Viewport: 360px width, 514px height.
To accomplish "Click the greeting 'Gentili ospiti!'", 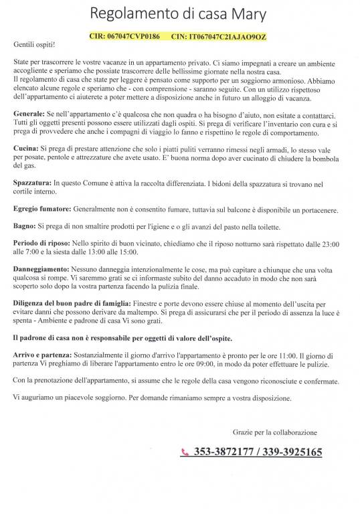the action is click(34, 44).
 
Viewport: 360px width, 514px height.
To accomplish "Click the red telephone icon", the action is click(185, 453).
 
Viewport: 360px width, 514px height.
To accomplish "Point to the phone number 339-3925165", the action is click(294, 453).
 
